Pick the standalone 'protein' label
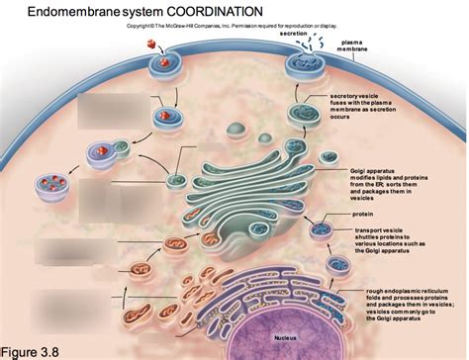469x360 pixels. pos(362,214)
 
